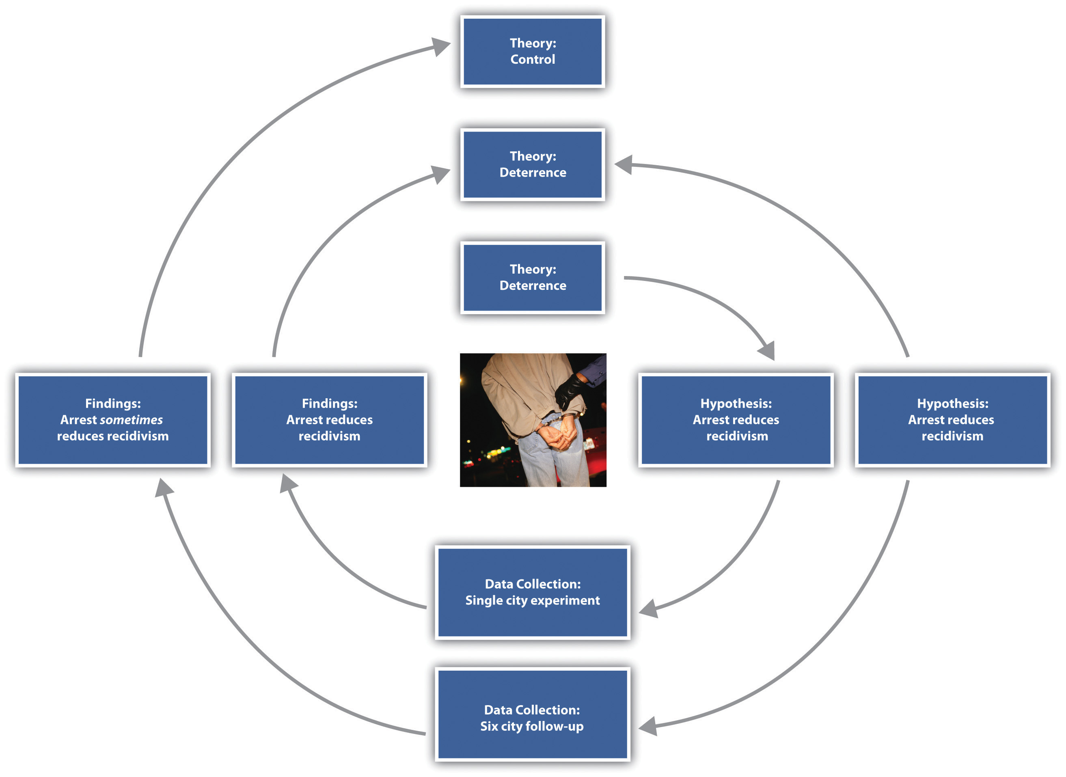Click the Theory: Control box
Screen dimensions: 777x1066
tap(532, 52)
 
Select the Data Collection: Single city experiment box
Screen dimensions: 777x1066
tap(532, 592)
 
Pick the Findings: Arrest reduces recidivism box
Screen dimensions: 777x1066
tap(329, 419)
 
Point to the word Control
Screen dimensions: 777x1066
tap(532, 60)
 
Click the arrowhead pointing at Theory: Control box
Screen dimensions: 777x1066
tap(441, 46)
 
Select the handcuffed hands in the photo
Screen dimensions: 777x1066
tap(557, 435)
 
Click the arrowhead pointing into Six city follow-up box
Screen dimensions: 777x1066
tap(648, 726)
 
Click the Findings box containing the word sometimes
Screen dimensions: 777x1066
tap(113, 419)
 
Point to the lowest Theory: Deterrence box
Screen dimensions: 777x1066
tap(532, 278)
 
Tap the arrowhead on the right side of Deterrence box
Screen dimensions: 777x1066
tap(624, 165)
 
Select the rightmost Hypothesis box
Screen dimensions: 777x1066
tap(952, 419)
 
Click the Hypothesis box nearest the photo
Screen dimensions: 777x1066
tap(736, 419)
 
